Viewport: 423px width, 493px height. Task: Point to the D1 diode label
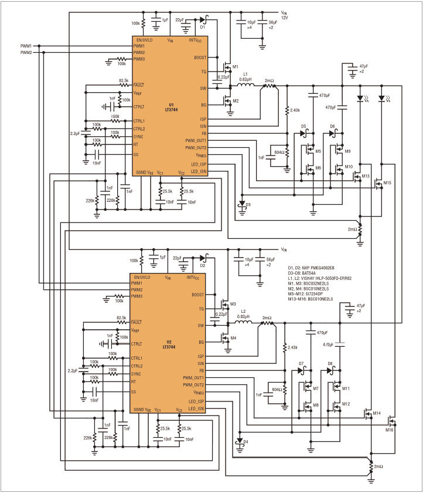(202, 27)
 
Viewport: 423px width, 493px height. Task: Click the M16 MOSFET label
(389, 430)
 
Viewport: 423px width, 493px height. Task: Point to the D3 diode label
(248, 204)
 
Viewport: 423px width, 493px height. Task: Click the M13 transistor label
(365, 176)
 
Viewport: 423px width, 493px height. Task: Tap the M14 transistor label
(376, 413)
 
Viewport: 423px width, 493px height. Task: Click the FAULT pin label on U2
(137, 322)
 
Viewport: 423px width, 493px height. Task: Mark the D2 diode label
(202, 265)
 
